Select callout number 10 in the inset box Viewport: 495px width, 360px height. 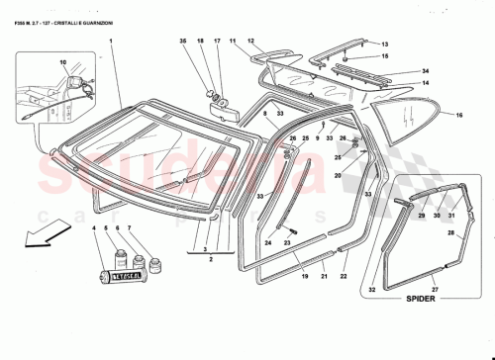(x=63, y=62)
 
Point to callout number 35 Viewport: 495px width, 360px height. (x=182, y=41)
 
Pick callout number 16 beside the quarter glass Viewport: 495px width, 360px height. (x=459, y=116)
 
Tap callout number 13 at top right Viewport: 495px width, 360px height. (x=386, y=45)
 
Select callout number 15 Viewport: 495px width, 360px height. (x=386, y=57)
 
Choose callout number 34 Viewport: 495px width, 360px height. (x=426, y=71)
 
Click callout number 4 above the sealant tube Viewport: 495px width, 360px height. (x=95, y=228)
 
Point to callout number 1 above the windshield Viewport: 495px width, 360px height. (x=111, y=41)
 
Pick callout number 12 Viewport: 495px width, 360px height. (x=251, y=41)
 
